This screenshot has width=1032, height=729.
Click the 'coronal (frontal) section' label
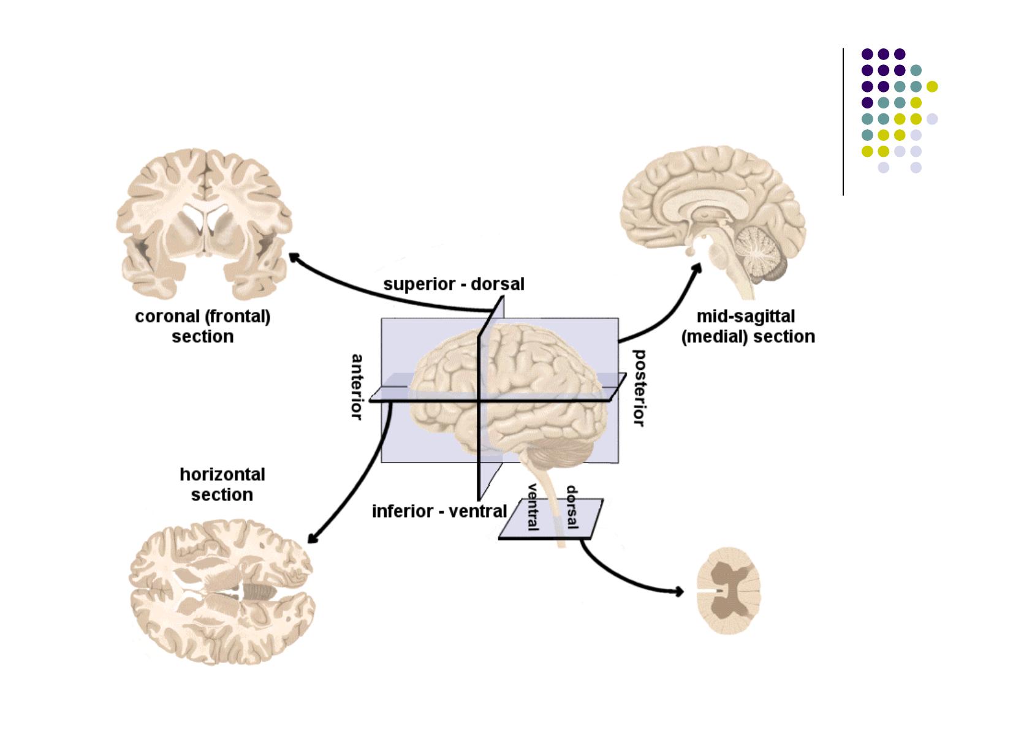pyautogui.click(x=202, y=327)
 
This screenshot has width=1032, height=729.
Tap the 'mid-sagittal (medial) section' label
pyautogui.click(x=748, y=327)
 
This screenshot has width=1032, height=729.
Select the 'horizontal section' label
pyautogui.click(x=222, y=485)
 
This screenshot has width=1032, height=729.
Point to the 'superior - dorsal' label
pyautogui.click(x=453, y=284)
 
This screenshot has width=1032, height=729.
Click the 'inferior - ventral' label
pyautogui.click(x=439, y=511)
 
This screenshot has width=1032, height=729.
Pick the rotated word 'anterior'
pyautogui.click(x=356, y=387)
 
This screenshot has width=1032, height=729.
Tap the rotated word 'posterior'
pyautogui.click(x=639, y=388)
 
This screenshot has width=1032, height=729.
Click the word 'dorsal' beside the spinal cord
pyautogui.click(x=572, y=507)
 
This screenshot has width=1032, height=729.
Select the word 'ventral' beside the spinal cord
pyautogui.click(x=533, y=507)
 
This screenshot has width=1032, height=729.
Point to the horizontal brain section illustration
pyautogui.click(x=222, y=593)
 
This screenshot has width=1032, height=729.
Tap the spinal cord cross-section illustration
pyautogui.click(x=729, y=591)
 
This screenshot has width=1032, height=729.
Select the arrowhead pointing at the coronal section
pyautogui.click(x=294, y=257)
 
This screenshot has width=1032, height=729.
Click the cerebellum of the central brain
pyautogui.click(x=555, y=456)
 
